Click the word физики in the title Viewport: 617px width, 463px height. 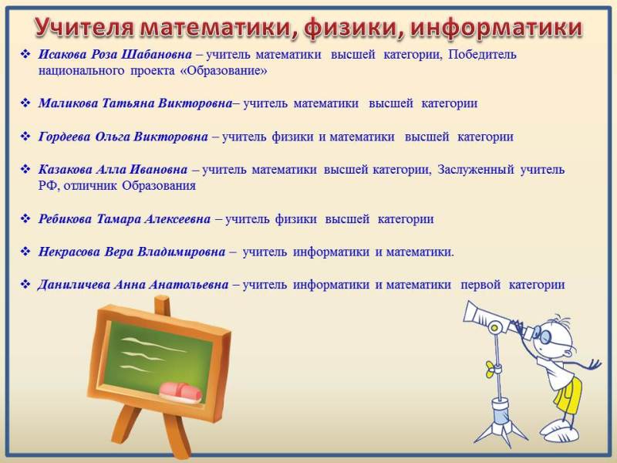354,29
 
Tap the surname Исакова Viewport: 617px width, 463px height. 62,54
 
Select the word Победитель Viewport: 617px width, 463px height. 482,54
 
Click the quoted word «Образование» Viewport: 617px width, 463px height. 223,71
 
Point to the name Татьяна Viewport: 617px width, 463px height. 128,103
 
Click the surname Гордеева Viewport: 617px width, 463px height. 64,137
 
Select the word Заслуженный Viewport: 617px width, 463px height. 476,170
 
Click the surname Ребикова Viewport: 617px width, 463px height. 65,219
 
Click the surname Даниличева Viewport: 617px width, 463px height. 73,284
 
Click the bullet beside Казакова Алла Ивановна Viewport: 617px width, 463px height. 25,170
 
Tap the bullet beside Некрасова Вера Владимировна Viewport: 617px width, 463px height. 25,252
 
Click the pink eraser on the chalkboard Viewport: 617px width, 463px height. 180,393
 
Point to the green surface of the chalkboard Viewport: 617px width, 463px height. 157,354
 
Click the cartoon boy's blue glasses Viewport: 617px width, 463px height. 545,336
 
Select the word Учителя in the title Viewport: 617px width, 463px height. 84,29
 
